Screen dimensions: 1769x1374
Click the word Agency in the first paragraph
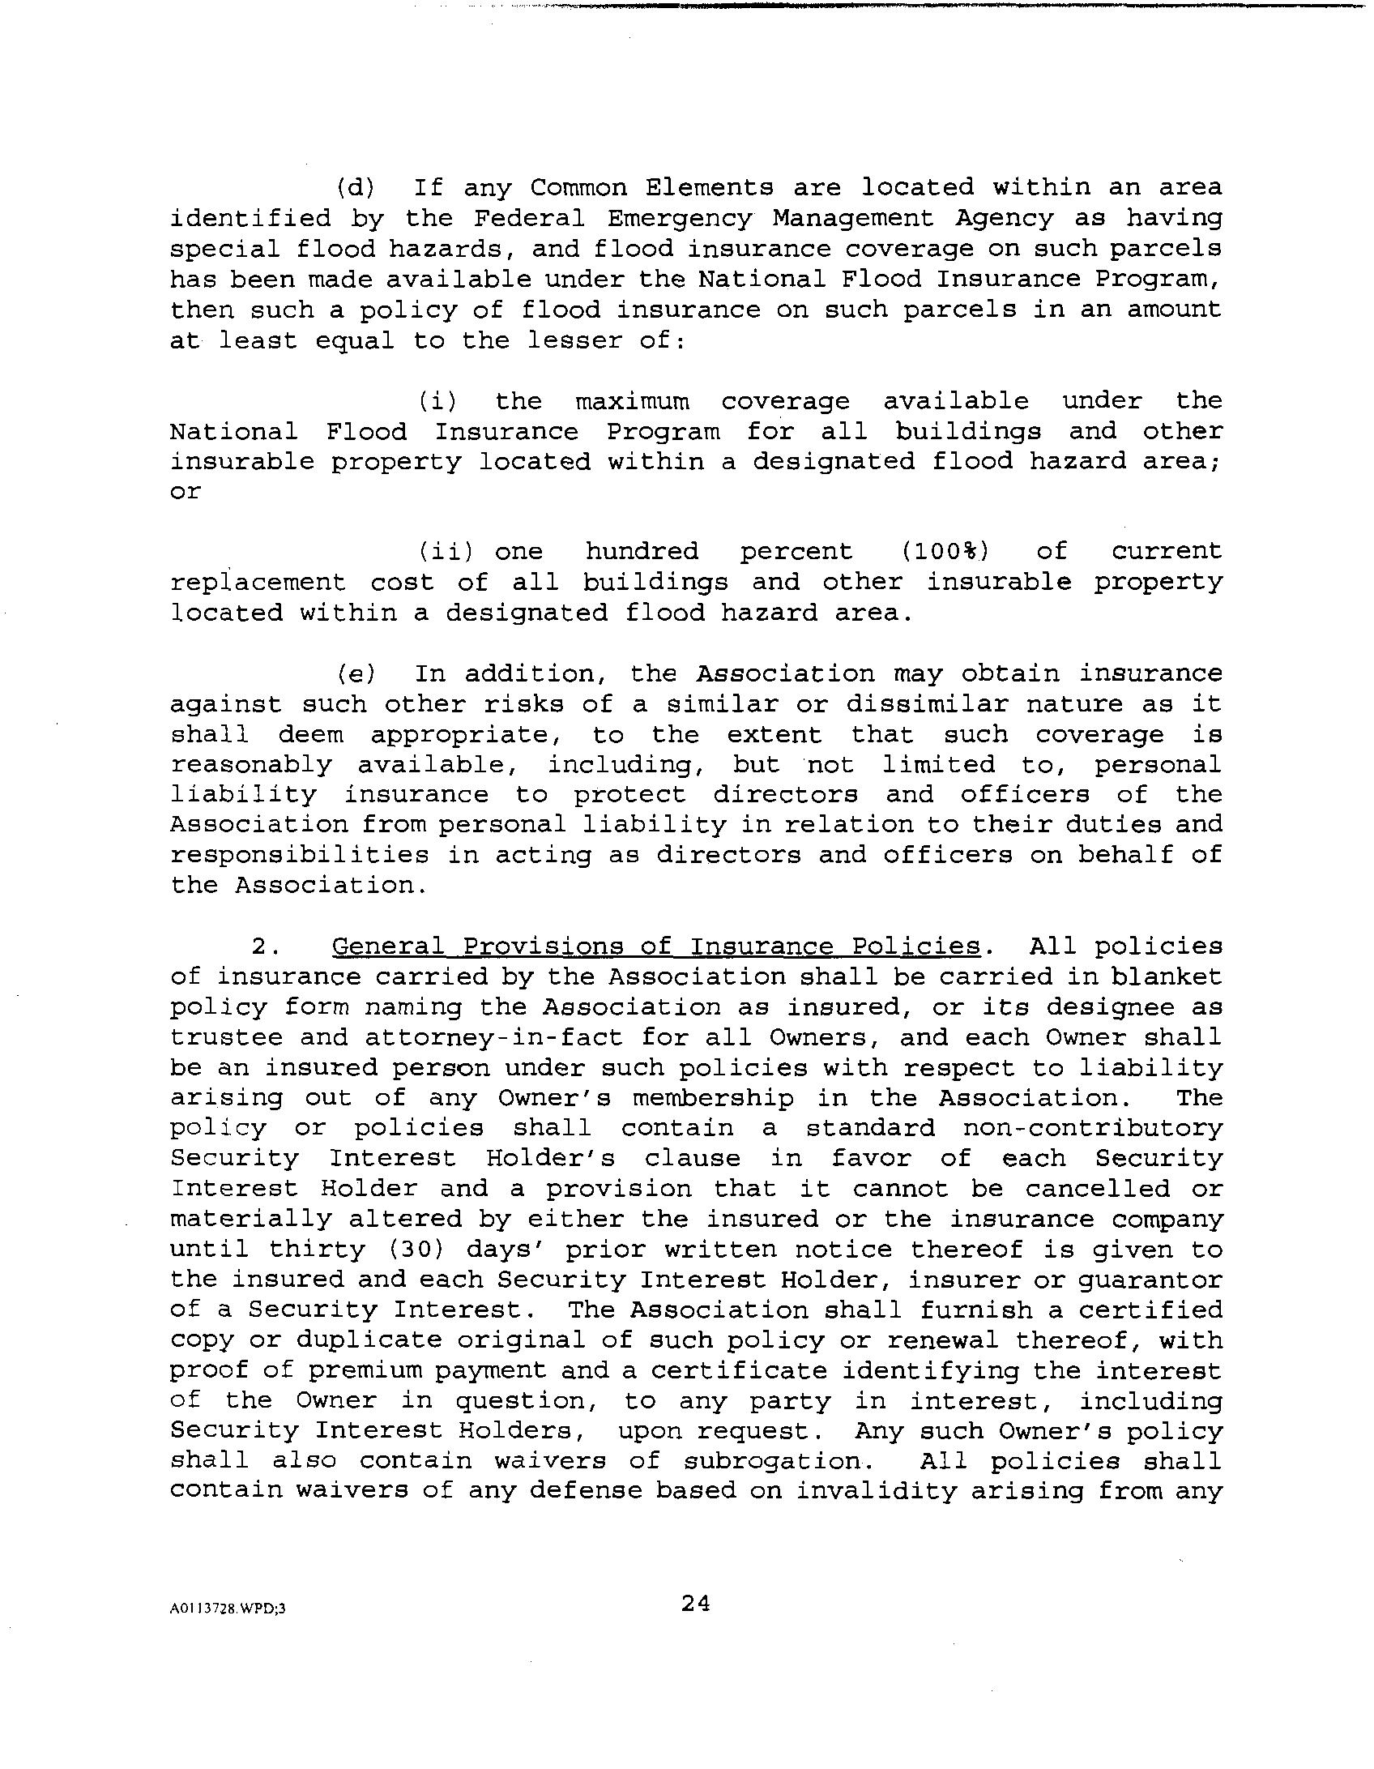tap(1005, 219)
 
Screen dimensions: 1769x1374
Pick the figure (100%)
tap(945, 552)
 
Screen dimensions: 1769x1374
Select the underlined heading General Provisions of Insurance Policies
tap(656, 946)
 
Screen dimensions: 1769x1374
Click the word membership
tap(713, 1099)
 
